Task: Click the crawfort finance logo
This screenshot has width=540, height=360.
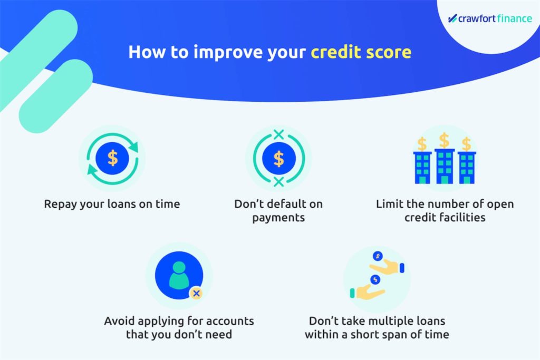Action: tap(490, 18)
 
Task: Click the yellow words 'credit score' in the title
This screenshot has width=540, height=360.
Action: tap(361, 52)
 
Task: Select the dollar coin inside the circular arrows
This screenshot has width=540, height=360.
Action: tap(112, 158)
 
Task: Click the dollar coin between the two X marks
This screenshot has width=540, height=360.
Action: tap(278, 159)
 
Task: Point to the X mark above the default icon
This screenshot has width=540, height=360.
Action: tap(278, 134)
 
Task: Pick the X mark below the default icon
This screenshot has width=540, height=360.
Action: tap(278, 182)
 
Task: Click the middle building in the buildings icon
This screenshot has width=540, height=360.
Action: tap(445, 166)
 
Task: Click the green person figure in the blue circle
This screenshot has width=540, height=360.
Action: tap(179, 275)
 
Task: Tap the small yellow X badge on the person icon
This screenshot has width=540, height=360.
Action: tap(196, 293)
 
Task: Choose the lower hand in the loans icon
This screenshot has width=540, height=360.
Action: tap(368, 293)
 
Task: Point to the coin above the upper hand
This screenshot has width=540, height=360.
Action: tap(378, 256)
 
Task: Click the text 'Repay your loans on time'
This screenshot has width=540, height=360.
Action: tap(112, 204)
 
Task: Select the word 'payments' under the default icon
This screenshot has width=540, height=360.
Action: tap(278, 218)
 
